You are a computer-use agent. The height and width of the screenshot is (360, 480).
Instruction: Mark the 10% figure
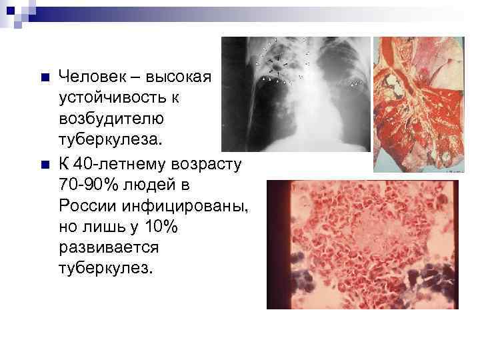tap(160, 227)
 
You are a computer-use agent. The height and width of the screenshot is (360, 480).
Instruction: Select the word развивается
tap(109, 249)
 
